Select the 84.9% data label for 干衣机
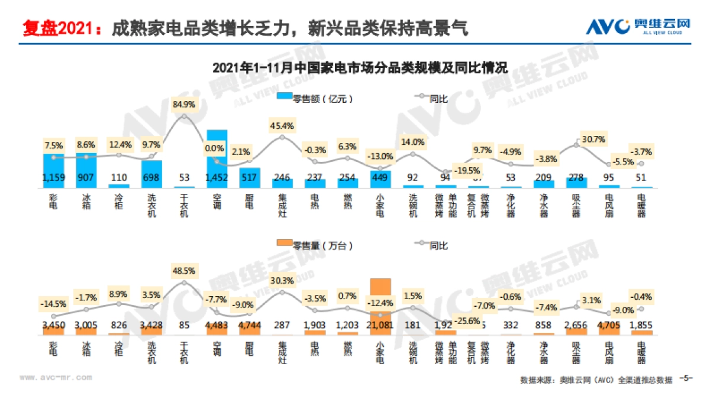[x=184, y=104]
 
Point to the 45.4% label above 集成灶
[x=282, y=125]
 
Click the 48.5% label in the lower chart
[x=184, y=270]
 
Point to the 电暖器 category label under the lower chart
[x=641, y=349]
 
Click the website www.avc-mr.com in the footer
[x=56, y=377]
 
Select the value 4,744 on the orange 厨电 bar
[x=249, y=325]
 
